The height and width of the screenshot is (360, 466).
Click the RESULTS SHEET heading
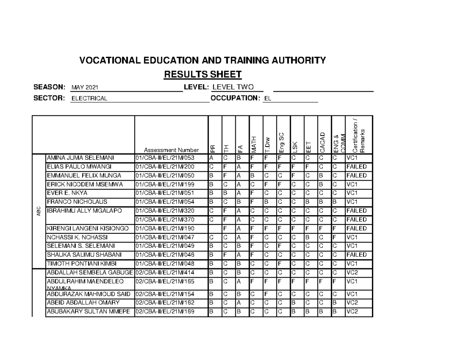coord(203,74)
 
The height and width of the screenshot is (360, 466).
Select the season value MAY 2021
coord(85,87)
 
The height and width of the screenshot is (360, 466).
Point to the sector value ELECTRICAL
coord(89,99)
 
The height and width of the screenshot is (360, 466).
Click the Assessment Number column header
coord(171,150)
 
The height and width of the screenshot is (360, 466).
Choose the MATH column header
coord(254,144)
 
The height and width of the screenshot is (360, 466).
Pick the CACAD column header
coord(322,142)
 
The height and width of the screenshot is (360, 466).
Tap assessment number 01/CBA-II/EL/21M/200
coord(165,167)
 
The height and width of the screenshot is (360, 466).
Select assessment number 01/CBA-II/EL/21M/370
coord(165,219)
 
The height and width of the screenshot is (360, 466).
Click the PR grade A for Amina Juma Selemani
coord(211,158)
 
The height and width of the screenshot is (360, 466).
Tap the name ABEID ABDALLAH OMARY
coord(83,303)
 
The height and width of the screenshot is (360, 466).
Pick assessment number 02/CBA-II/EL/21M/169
coord(165,311)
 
